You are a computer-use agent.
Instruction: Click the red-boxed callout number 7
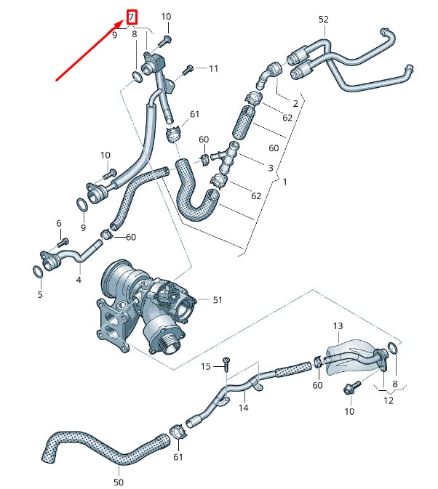132,16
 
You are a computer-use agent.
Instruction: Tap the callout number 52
323,20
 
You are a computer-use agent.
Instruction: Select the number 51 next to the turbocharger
218,299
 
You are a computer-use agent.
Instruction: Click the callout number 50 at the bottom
119,482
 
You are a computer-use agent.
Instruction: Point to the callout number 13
338,326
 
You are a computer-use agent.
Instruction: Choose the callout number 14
243,408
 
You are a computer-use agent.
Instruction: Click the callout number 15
206,366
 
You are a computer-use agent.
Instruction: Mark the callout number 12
389,400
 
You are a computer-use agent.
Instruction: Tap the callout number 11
213,69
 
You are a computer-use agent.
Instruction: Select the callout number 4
79,278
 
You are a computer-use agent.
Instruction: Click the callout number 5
40,294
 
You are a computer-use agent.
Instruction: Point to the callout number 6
59,223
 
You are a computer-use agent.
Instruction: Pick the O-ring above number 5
37,272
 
